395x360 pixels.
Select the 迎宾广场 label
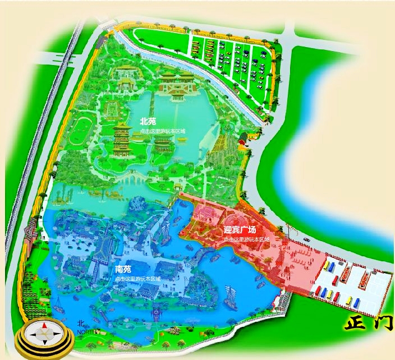pos(240,230)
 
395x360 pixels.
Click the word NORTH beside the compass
pos(86,332)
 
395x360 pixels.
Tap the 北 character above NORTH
pos(81,324)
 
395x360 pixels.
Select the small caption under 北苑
pos(163,131)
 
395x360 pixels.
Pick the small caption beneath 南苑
pos(137,279)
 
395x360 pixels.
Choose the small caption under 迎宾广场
pos(246,239)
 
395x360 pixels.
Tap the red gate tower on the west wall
pos(31,230)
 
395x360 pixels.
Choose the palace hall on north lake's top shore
pos(176,84)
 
